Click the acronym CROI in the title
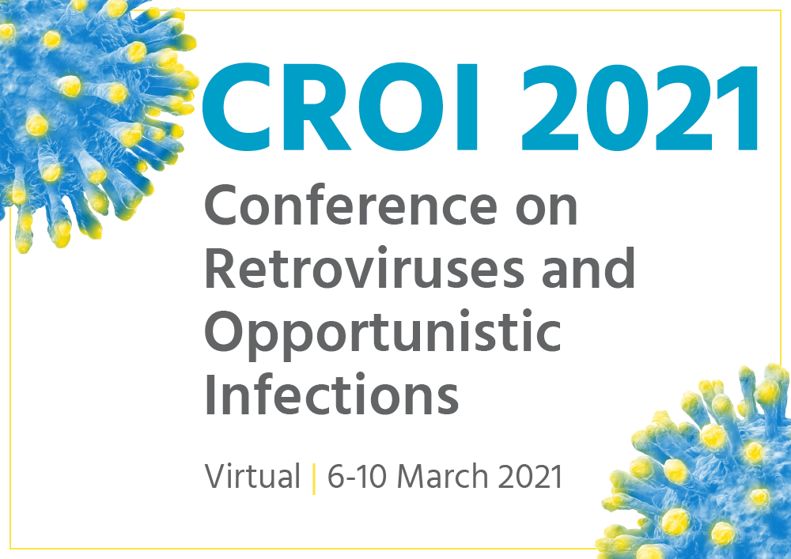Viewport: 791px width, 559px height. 339,107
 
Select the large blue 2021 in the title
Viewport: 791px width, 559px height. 639,107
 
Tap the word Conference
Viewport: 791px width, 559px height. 350,205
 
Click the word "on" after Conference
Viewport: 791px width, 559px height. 547,210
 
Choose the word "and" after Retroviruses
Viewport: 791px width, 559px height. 589,267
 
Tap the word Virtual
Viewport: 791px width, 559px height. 252,476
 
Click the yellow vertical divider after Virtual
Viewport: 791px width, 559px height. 314,478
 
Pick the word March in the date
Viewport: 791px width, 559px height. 442,476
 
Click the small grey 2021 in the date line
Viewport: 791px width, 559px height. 530,476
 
